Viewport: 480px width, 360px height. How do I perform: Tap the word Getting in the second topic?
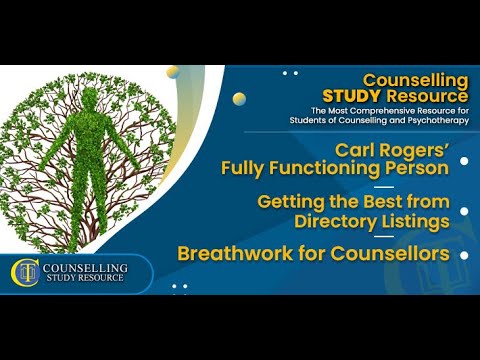290,200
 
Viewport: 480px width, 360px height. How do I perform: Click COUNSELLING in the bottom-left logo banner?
88,267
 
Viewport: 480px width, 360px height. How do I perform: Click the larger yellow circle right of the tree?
239,99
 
